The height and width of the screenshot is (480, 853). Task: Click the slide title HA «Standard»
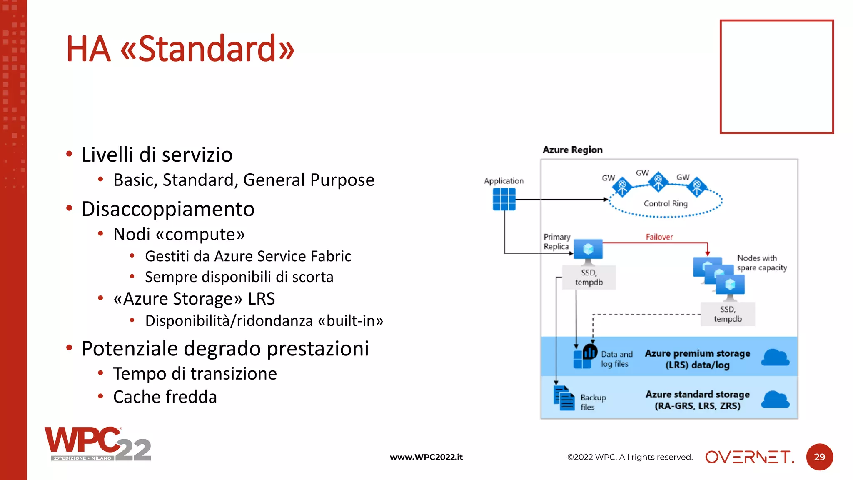[180, 49]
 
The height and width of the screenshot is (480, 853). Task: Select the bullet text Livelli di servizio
[157, 155]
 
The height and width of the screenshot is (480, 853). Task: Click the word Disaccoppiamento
[168, 209]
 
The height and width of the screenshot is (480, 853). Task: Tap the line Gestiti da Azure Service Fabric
[248, 256]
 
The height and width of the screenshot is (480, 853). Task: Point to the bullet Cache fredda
[165, 397]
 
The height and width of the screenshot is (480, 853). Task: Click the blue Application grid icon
[504, 199]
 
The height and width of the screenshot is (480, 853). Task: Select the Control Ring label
[665, 203]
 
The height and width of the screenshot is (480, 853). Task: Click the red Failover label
[659, 237]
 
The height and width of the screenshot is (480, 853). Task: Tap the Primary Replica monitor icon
[588, 250]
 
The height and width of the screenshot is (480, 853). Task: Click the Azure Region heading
[572, 150]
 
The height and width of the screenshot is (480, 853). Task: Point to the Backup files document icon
[564, 398]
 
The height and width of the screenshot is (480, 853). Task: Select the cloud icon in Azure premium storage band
[775, 357]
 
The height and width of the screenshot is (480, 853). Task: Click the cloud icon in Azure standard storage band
[775, 399]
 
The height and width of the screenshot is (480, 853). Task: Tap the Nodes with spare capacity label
[761, 263]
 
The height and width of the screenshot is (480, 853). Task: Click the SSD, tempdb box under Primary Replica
[589, 277]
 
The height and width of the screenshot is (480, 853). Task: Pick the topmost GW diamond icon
[658, 181]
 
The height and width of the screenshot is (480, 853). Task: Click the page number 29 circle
[819, 457]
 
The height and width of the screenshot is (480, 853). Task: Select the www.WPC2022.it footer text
[426, 457]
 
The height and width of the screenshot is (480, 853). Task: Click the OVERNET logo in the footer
[749, 457]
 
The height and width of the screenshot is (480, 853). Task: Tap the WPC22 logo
[97, 444]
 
